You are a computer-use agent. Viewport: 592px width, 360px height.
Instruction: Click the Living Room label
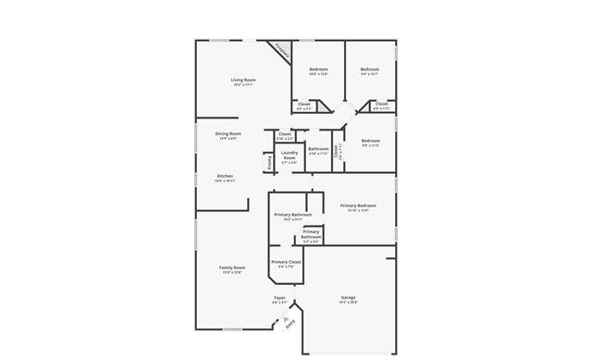[243, 81]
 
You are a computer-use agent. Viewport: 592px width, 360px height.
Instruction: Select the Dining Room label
[228, 133]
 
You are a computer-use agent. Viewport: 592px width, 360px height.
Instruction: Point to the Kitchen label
[225, 176]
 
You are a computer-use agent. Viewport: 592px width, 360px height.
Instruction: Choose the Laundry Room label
[290, 155]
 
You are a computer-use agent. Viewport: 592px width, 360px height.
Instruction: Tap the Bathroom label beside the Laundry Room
[318, 149]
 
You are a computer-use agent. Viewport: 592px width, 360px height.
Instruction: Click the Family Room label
[231, 267]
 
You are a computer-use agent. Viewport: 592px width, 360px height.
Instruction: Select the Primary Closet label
[286, 262]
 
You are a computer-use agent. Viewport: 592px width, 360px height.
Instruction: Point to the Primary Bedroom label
[358, 205]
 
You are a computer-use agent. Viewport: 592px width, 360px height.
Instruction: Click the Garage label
[348, 297]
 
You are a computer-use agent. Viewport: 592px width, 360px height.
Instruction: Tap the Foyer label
[279, 298]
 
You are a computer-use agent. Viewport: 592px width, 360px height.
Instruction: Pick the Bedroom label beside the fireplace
[318, 68]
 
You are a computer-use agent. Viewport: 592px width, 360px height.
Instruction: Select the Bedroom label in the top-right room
[369, 68]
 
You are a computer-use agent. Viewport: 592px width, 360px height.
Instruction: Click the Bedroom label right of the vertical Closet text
[371, 142]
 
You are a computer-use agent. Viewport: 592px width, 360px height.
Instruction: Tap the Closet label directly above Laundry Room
[284, 133]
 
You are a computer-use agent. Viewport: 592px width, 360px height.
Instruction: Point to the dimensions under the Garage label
[348, 303]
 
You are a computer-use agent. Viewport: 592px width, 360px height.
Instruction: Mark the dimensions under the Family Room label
[231, 273]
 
